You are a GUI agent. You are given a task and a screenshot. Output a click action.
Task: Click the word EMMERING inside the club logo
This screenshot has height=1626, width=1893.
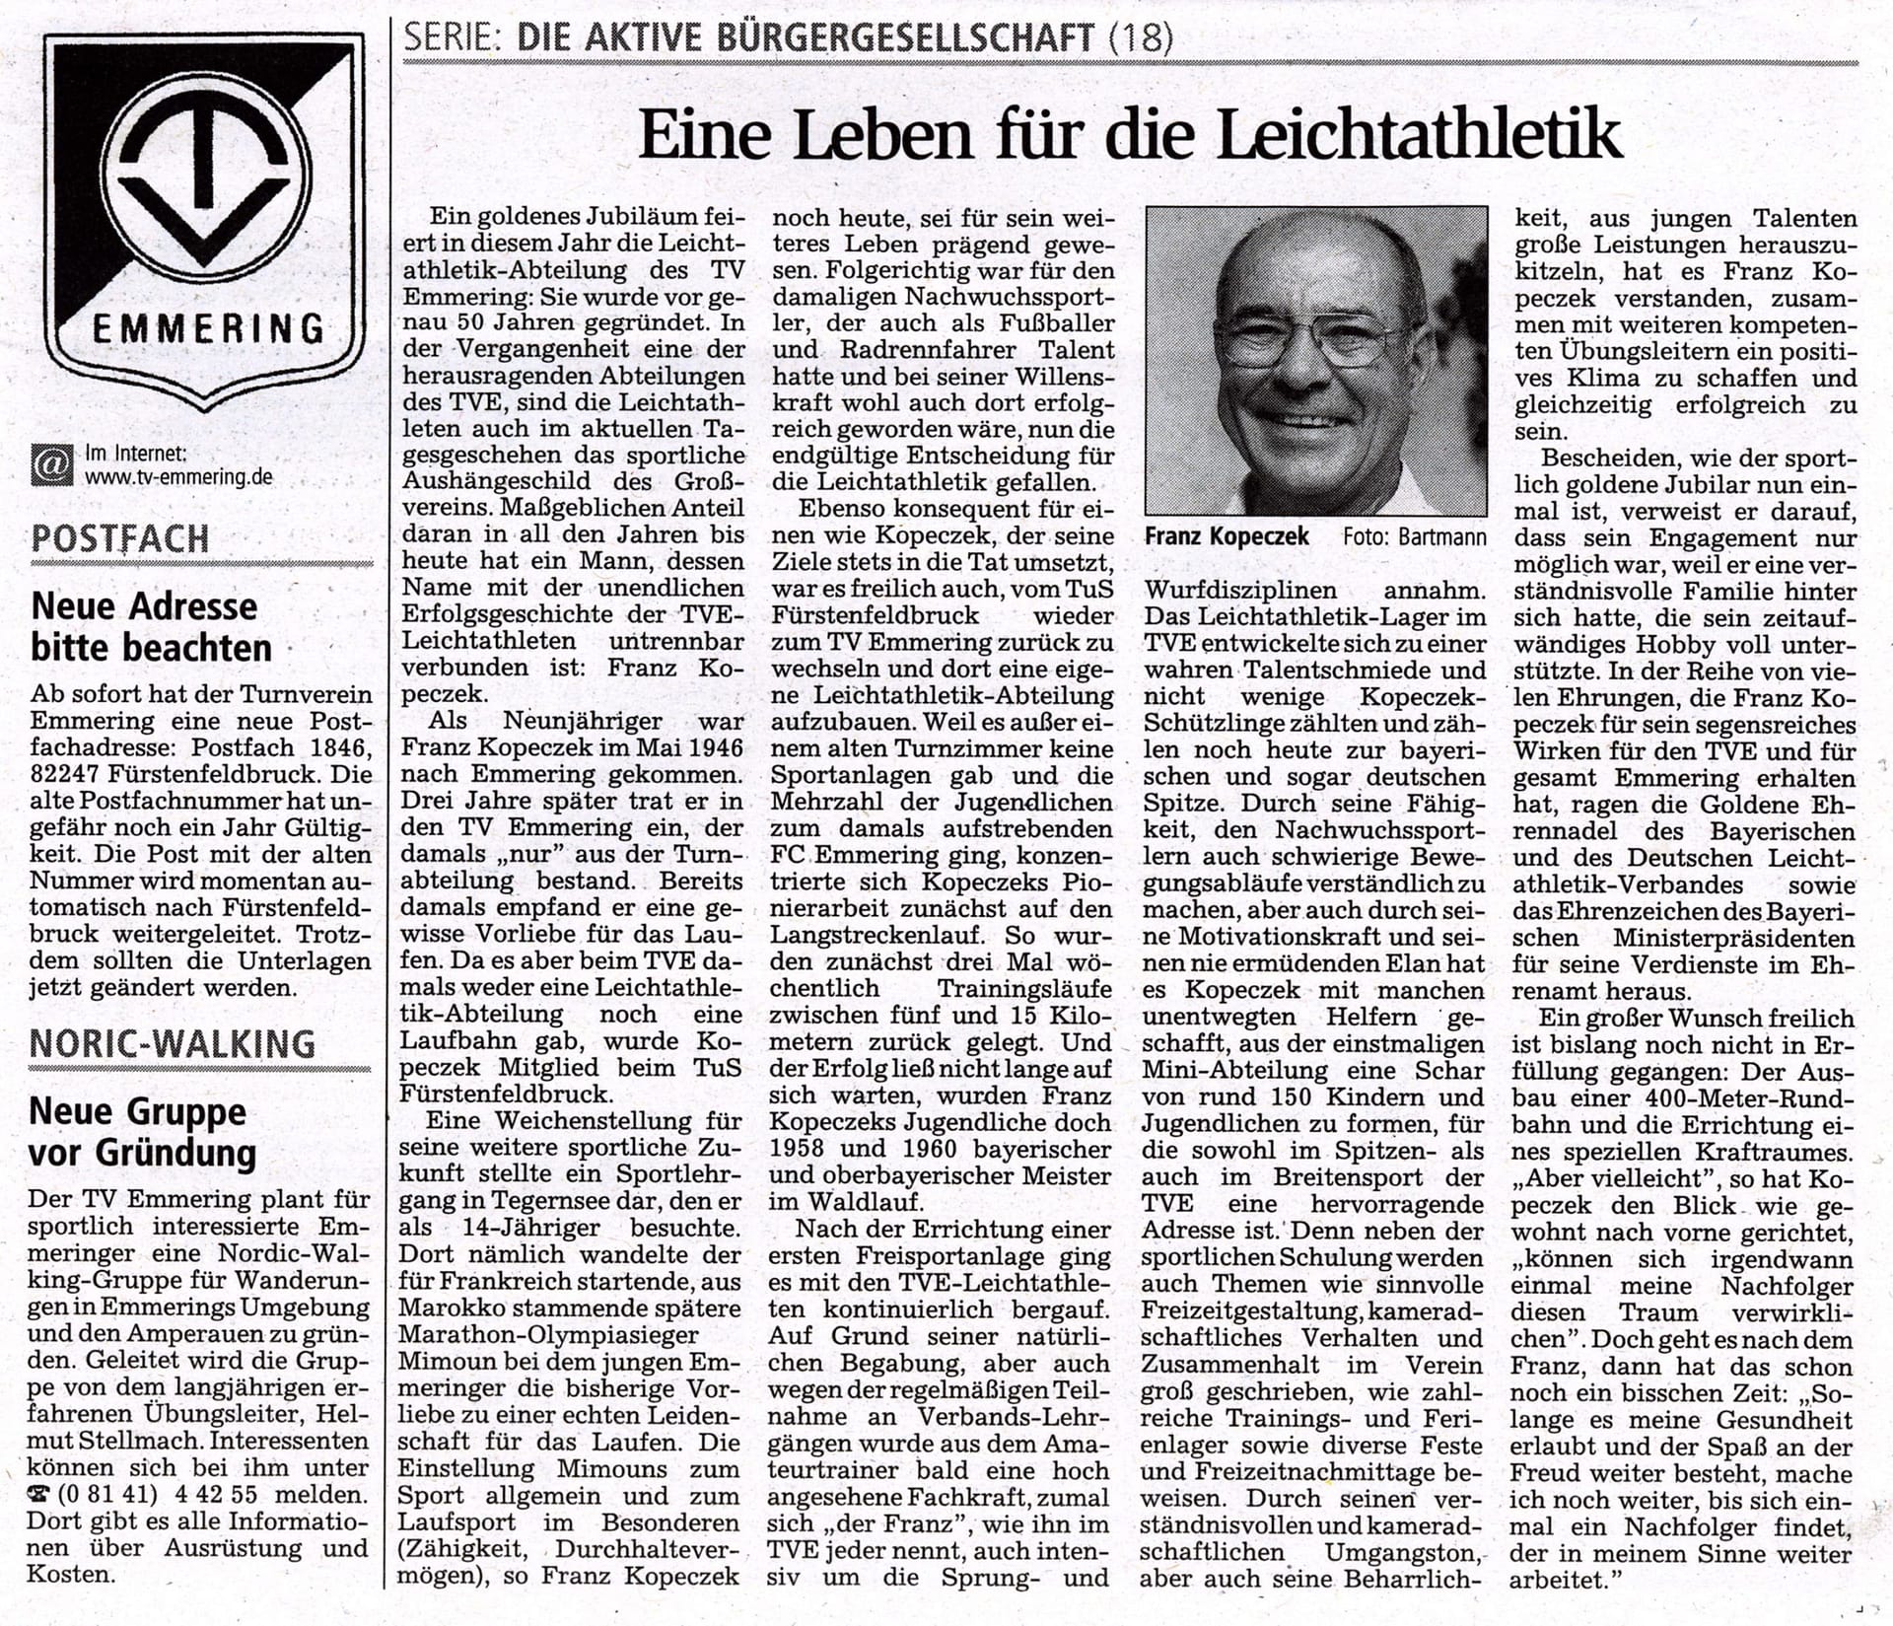coord(207,327)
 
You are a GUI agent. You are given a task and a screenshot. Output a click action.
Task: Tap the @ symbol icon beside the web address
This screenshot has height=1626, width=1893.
coord(51,465)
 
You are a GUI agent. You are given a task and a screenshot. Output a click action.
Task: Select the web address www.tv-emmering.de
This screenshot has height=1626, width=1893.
coord(178,477)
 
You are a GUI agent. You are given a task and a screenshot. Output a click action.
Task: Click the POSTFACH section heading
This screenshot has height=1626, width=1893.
coord(120,538)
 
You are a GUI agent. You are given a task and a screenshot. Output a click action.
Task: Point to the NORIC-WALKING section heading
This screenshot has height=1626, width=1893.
coord(173,1043)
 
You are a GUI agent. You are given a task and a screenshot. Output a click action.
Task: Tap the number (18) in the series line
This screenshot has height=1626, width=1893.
coord(1141,38)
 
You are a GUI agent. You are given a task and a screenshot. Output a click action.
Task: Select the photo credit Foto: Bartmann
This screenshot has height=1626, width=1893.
coord(1415,537)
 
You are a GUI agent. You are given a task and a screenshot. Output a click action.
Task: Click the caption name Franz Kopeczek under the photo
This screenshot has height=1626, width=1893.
coord(1227,537)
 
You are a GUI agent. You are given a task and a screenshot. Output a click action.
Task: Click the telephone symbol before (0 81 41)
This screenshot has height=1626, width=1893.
coord(39,1494)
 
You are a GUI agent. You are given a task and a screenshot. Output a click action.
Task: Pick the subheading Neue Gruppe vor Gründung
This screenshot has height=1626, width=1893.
coord(143,1131)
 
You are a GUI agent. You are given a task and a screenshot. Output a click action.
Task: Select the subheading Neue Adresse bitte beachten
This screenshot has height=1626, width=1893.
coord(151,627)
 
